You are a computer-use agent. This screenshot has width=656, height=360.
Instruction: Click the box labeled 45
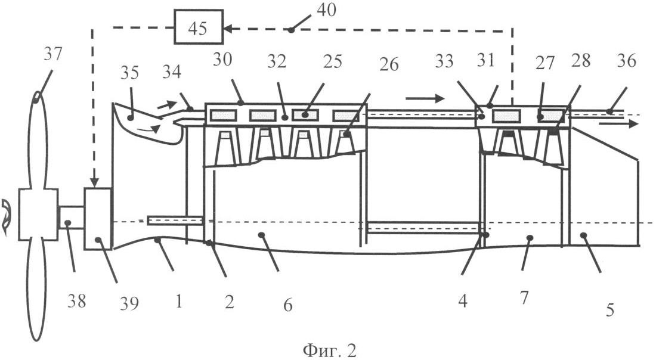click(x=197, y=27)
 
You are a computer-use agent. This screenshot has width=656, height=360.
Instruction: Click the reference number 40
click(x=326, y=11)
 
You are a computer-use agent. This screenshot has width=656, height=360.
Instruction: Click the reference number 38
click(x=77, y=302)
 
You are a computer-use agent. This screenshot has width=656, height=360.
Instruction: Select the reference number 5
click(x=609, y=309)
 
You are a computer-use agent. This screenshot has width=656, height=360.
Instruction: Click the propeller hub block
click(x=38, y=215)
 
